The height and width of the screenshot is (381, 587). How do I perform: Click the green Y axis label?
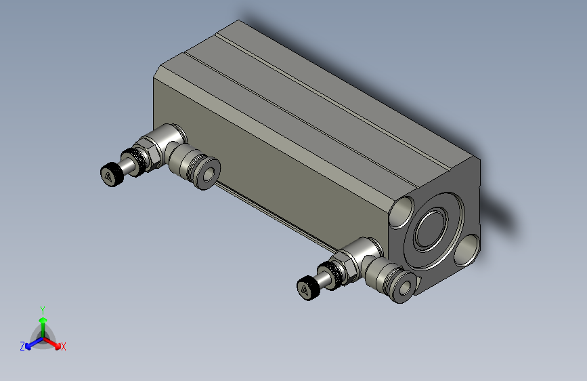pyautogui.click(x=42, y=308)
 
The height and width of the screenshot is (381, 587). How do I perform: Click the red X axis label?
pyautogui.click(x=64, y=346)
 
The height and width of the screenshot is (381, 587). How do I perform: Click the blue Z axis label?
pyautogui.click(x=22, y=346)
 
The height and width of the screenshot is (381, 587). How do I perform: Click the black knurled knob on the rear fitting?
pyautogui.click(x=110, y=175)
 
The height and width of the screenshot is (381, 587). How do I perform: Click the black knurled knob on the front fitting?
pyautogui.click(x=307, y=288)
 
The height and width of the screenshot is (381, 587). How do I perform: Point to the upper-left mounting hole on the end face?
pyautogui.click(x=404, y=209)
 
